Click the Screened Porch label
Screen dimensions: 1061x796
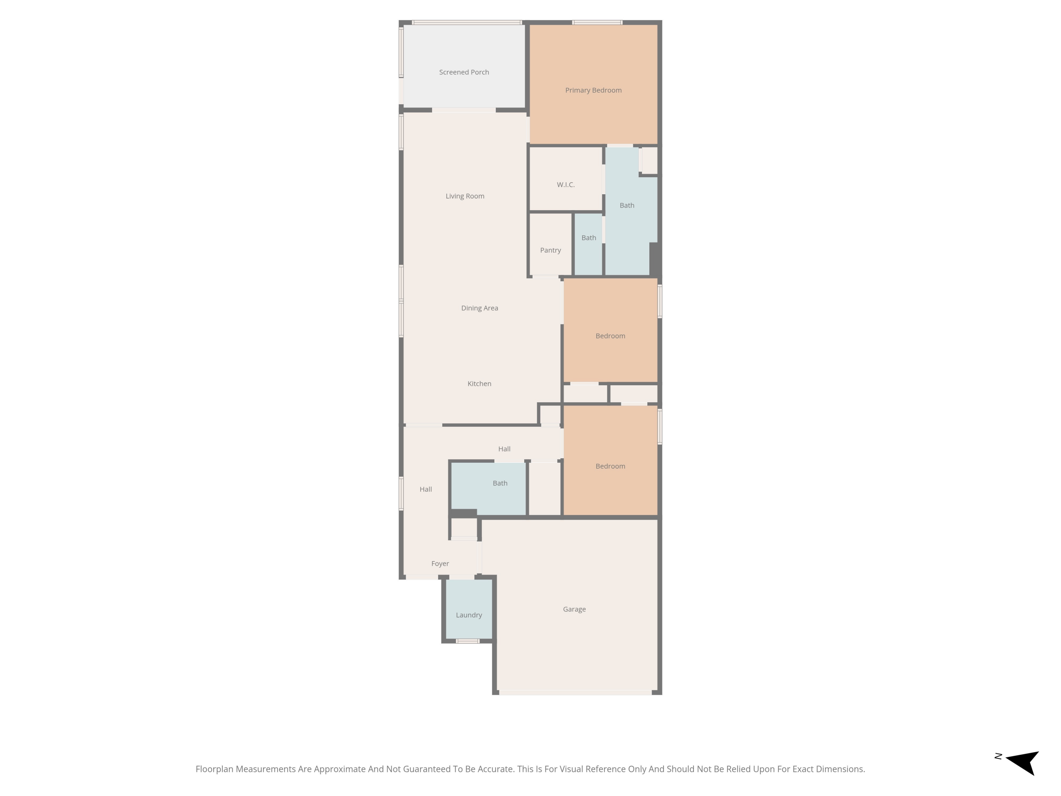[464, 72]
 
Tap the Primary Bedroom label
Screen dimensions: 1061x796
[593, 90]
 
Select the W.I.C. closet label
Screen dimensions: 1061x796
[566, 185]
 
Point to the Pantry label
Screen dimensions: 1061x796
[550, 250]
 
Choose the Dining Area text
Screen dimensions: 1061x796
[480, 308]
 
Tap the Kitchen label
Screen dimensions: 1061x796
[479, 383]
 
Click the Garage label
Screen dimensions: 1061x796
[574, 609]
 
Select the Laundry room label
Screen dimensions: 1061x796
[469, 615]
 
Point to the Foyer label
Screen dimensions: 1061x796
[440, 564]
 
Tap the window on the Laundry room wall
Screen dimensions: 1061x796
[467, 641]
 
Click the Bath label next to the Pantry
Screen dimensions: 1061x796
[589, 237]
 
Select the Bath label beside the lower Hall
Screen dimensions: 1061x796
[500, 483]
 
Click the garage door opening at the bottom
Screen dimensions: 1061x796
[575, 692]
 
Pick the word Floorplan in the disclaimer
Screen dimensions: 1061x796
[214, 769]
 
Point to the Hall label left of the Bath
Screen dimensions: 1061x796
[425, 489]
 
